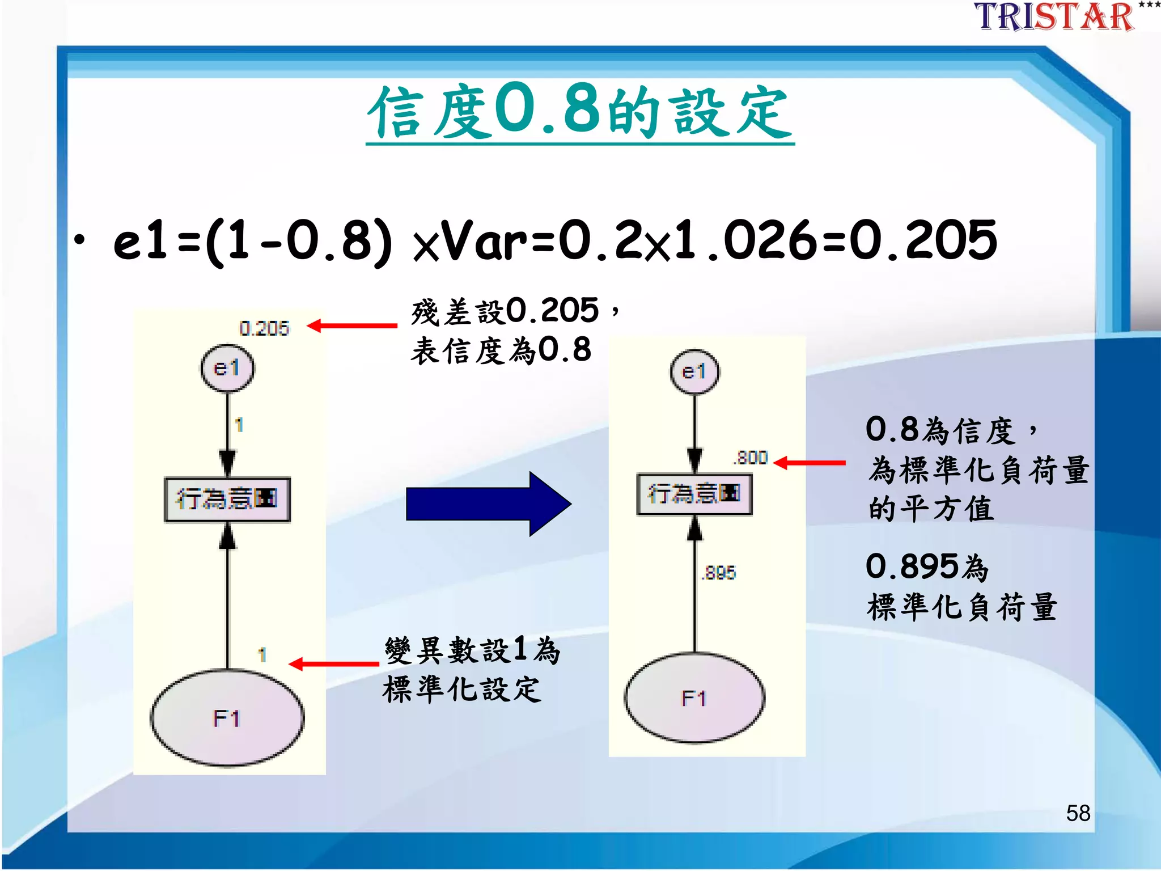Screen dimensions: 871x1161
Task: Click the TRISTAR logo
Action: (x=1054, y=17)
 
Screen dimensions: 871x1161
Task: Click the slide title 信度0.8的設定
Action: (x=579, y=112)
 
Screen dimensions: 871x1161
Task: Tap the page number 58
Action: (x=1078, y=813)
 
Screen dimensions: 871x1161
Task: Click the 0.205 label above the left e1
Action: (x=264, y=328)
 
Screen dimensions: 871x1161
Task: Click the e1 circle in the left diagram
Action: (x=227, y=368)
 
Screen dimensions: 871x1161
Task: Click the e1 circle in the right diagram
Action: (x=694, y=371)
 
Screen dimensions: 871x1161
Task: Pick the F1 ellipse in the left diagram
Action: (x=227, y=718)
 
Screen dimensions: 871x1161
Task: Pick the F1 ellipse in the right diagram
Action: (x=694, y=698)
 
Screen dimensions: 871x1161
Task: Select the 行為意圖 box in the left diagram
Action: (x=227, y=499)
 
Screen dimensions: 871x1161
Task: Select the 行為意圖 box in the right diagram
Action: (x=694, y=494)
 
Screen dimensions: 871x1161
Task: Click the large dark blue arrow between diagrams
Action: (x=488, y=504)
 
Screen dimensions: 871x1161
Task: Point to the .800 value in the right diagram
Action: (x=751, y=458)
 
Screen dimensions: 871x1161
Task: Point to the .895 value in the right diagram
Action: (x=719, y=573)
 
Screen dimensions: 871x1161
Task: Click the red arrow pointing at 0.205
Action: (x=351, y=325)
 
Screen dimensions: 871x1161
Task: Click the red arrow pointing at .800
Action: (x=810, y=463)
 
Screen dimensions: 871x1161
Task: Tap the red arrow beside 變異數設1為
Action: (x=333, y=663)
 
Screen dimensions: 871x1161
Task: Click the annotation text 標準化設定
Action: (x=461, y=690)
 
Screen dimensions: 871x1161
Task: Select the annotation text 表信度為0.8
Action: (x=501, y=350)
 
